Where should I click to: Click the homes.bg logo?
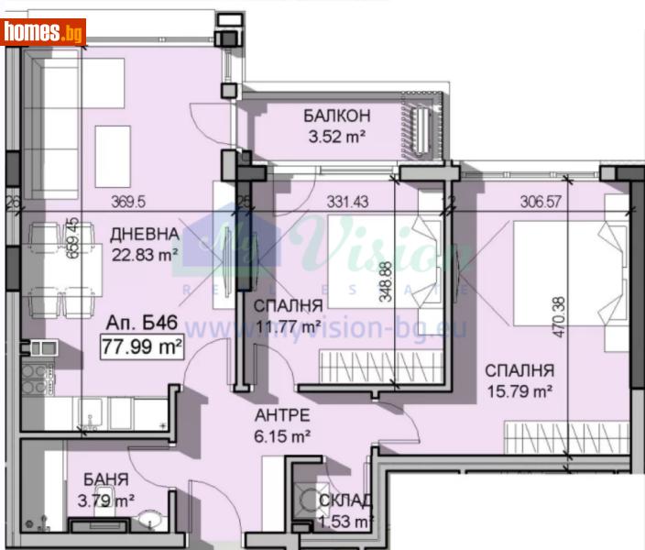(x=43, y=32)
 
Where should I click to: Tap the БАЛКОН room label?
(x=337, y=116)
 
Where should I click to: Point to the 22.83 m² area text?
(x=144, y=256)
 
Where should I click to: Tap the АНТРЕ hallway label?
(x=282, y=413)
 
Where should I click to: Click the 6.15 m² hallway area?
(x=282, y=434)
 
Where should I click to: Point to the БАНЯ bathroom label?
(x=104, y=479)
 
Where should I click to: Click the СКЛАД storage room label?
(x=345, y=500)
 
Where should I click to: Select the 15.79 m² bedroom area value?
(x=518, y=393)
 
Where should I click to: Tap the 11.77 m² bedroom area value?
(x=288, y=326)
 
